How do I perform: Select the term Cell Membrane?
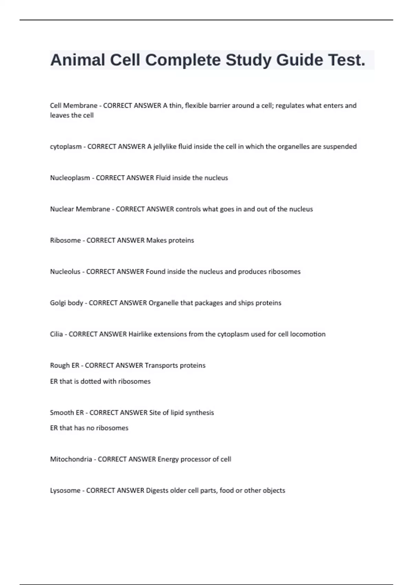pos(74,106)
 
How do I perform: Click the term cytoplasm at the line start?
pos(66,147)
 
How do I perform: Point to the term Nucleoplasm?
pos(70,178)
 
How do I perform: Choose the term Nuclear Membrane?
pos(80,209)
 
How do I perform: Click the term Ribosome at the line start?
pos(65,241)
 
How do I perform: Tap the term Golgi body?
pos(66,303)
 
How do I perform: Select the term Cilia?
pos(56,334)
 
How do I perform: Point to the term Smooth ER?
pos(67,413)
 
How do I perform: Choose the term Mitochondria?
pos(71,459)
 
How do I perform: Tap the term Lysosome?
pos(65,491)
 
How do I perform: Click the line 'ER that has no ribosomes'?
pos(89,428)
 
